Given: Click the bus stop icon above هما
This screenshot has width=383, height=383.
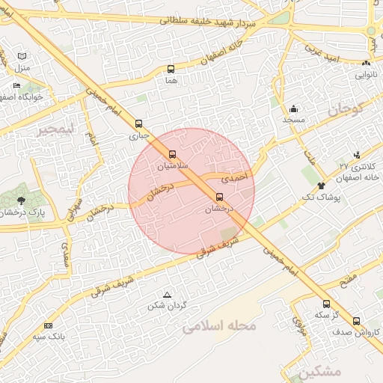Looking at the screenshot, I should [171, 70].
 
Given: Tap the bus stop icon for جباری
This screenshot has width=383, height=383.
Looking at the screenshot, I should [138, 124].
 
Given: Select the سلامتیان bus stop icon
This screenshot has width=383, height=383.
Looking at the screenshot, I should [173, 154].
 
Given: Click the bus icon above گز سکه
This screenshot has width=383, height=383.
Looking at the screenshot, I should [325, 304].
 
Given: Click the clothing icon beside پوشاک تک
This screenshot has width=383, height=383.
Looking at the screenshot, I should [321, 186].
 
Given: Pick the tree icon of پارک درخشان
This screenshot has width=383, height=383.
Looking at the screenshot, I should [21, 200].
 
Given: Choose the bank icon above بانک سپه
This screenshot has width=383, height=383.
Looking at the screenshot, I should [49, 325].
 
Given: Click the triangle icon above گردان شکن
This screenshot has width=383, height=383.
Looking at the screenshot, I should [167, 294].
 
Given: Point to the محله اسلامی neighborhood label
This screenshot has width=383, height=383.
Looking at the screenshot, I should [218, 326].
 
